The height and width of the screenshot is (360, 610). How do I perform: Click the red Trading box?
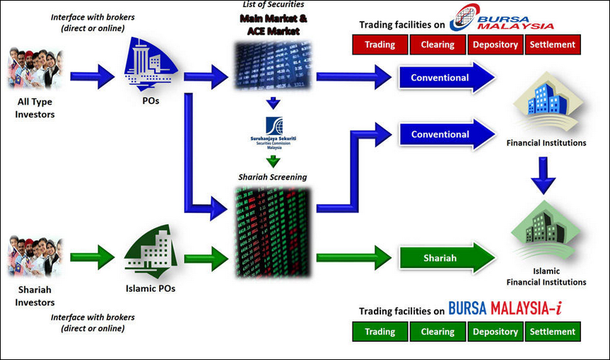pos(380,45)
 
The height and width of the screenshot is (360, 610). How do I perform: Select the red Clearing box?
pos(438,45)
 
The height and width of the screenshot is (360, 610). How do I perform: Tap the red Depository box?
pos(495,45)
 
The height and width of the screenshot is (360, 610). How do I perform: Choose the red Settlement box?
pos(552,45)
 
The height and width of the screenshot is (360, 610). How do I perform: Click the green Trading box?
pos(380,331)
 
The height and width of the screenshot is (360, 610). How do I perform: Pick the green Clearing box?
pos(438,331)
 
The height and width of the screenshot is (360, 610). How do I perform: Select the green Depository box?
pos(495,331)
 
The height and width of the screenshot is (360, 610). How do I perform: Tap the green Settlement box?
pos(552,331)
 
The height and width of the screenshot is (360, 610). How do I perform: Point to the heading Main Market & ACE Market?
pos(272,26)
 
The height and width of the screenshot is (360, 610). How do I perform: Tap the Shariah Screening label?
pos(272,177)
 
